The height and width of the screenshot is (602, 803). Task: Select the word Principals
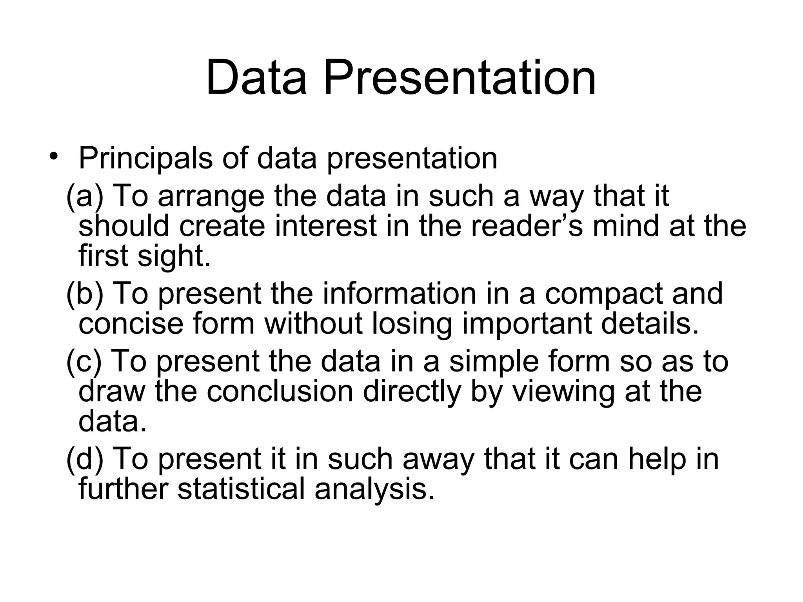tap(145, 159)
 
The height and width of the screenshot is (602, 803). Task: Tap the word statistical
tap(241, 489)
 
